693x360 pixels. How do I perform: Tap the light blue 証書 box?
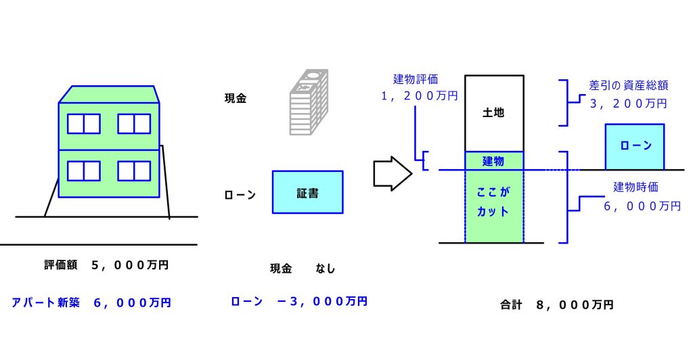click(307, 192)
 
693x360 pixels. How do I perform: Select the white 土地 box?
click(493, 113)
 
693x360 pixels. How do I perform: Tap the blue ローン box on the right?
click(634, 145)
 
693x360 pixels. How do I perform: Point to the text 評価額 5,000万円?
click(106, 265)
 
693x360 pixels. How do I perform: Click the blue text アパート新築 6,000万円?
click(91, 302)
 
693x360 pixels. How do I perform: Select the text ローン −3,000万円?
click(299, 301)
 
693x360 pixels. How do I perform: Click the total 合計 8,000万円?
click(556, 305)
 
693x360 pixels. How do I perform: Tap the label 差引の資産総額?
click(629, 87)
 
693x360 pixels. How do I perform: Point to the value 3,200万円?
click(629, 104)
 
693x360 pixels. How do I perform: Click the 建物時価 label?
click(635, 187)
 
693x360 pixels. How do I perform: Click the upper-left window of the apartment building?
click(83, 124)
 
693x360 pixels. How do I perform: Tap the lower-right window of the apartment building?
click(134, 171)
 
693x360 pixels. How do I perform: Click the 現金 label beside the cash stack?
click(236, 98)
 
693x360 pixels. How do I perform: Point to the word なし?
click(325, 269)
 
